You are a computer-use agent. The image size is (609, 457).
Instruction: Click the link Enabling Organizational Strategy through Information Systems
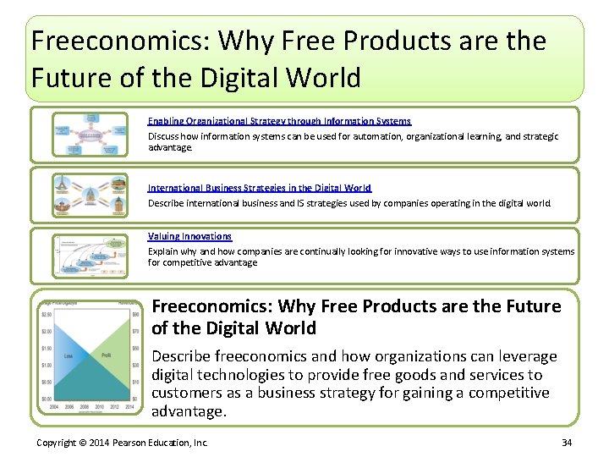(x=279, y=122)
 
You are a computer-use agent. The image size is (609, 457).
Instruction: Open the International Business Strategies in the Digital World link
(x=260, y=188)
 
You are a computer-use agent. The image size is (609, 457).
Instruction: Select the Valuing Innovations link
(x=189, y=236)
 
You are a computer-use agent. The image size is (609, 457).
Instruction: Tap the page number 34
(x=566, y=443)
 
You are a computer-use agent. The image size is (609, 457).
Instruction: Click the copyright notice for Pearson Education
(x=123, y=443)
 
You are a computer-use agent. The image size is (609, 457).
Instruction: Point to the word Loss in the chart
(x=68, y=355)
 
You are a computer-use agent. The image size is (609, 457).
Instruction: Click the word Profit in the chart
(x=106, y=355)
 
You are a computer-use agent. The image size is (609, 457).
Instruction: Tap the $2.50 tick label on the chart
(x=47, y=315)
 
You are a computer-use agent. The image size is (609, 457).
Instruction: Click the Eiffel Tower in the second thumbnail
(x=63, y=187)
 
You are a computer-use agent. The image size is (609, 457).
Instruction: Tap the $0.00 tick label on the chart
(x=47, y=398)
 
